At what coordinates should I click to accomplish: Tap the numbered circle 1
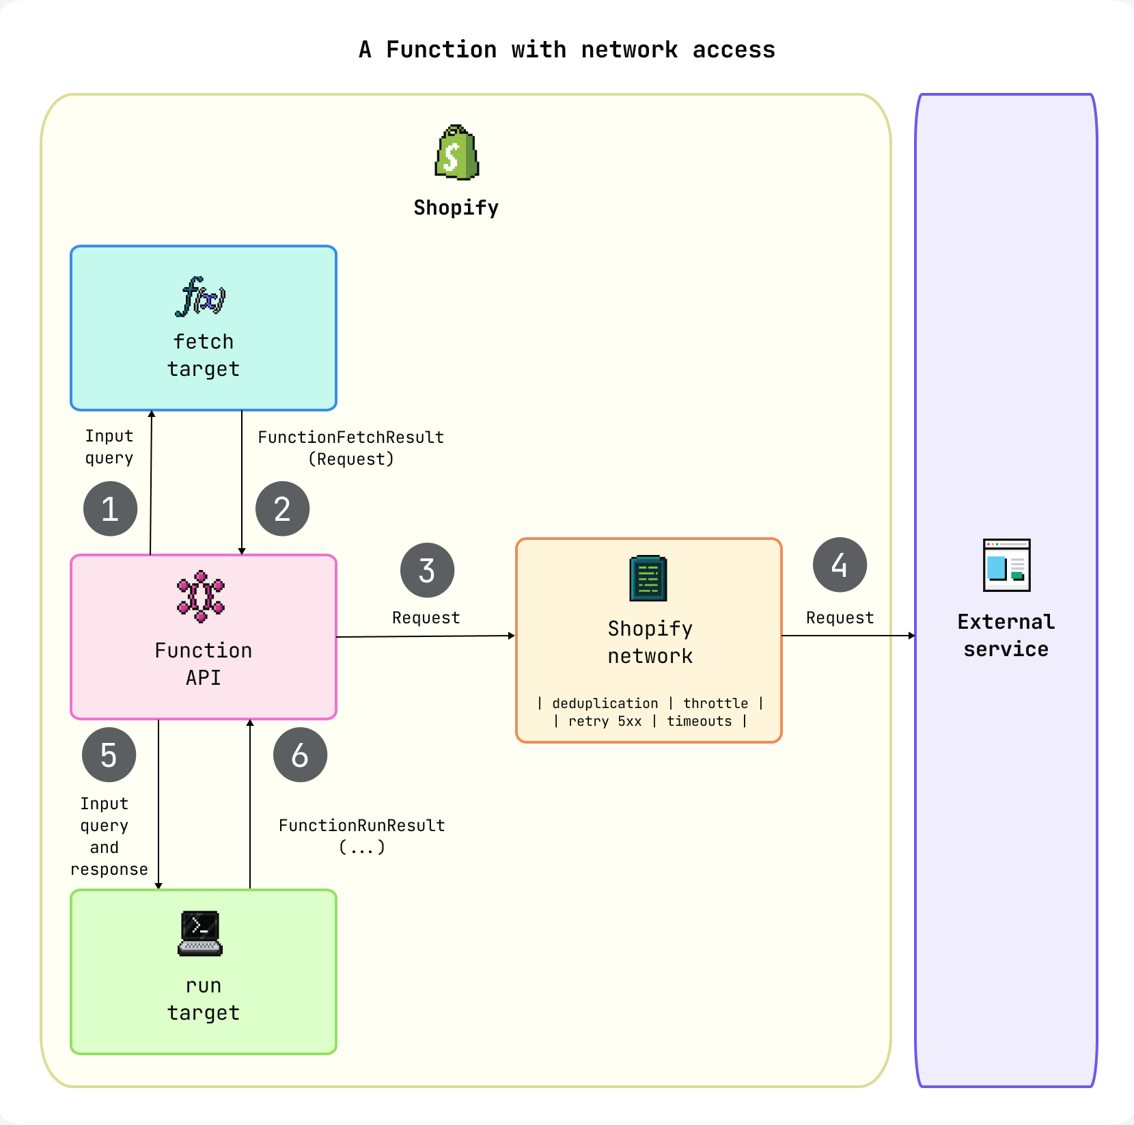tap(110, 509)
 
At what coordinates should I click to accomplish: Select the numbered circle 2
tap(282, 509)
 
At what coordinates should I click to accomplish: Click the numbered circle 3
tap(427, 570)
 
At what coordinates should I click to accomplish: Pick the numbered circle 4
tap(840, 565)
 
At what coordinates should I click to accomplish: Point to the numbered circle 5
tap(109, 755)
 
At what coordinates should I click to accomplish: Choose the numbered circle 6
tap(300, 755)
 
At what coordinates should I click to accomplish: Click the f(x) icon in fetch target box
tap(200, 297)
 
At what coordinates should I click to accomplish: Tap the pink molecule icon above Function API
tap(201, 596)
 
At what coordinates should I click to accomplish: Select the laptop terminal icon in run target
tap(200, 933)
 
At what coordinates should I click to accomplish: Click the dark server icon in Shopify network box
tap(648, 578)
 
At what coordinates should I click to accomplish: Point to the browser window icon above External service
tap(1006, 565)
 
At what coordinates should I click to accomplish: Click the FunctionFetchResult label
tap(350, 437)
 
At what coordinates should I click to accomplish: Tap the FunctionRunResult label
tap(361, 826)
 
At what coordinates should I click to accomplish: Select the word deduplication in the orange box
tap(605, 703)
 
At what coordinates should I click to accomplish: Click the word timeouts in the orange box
tap(699, 721)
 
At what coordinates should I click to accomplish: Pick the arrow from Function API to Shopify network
tap(425, 636)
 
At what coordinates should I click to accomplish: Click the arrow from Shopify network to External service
tap(847, 636)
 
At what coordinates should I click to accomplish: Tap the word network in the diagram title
tap(629, 50)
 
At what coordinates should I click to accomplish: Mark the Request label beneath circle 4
tap(840, 618)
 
